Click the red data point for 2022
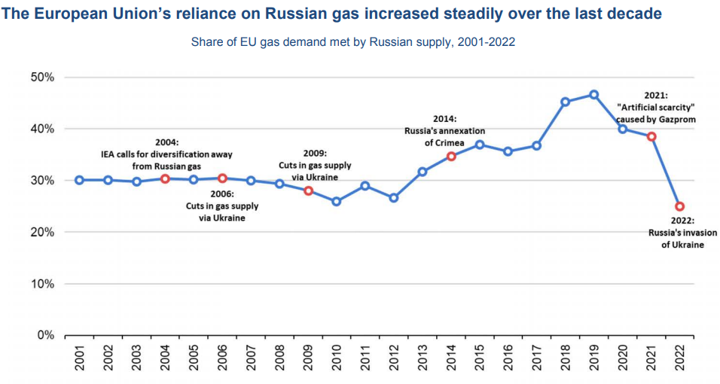(679, 206)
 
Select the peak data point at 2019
(593, 95)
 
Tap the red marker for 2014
(451, 157)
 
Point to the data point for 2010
(337, 202)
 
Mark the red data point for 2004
(165, 178)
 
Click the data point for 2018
(566, 102)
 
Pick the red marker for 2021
(651, 136)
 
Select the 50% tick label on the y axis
(42, 78)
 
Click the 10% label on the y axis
(42, 284)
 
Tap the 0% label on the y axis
(45, 335)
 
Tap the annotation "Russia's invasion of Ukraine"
(682, 239)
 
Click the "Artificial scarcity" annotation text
(655, 108)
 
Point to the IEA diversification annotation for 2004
(166, 154)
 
